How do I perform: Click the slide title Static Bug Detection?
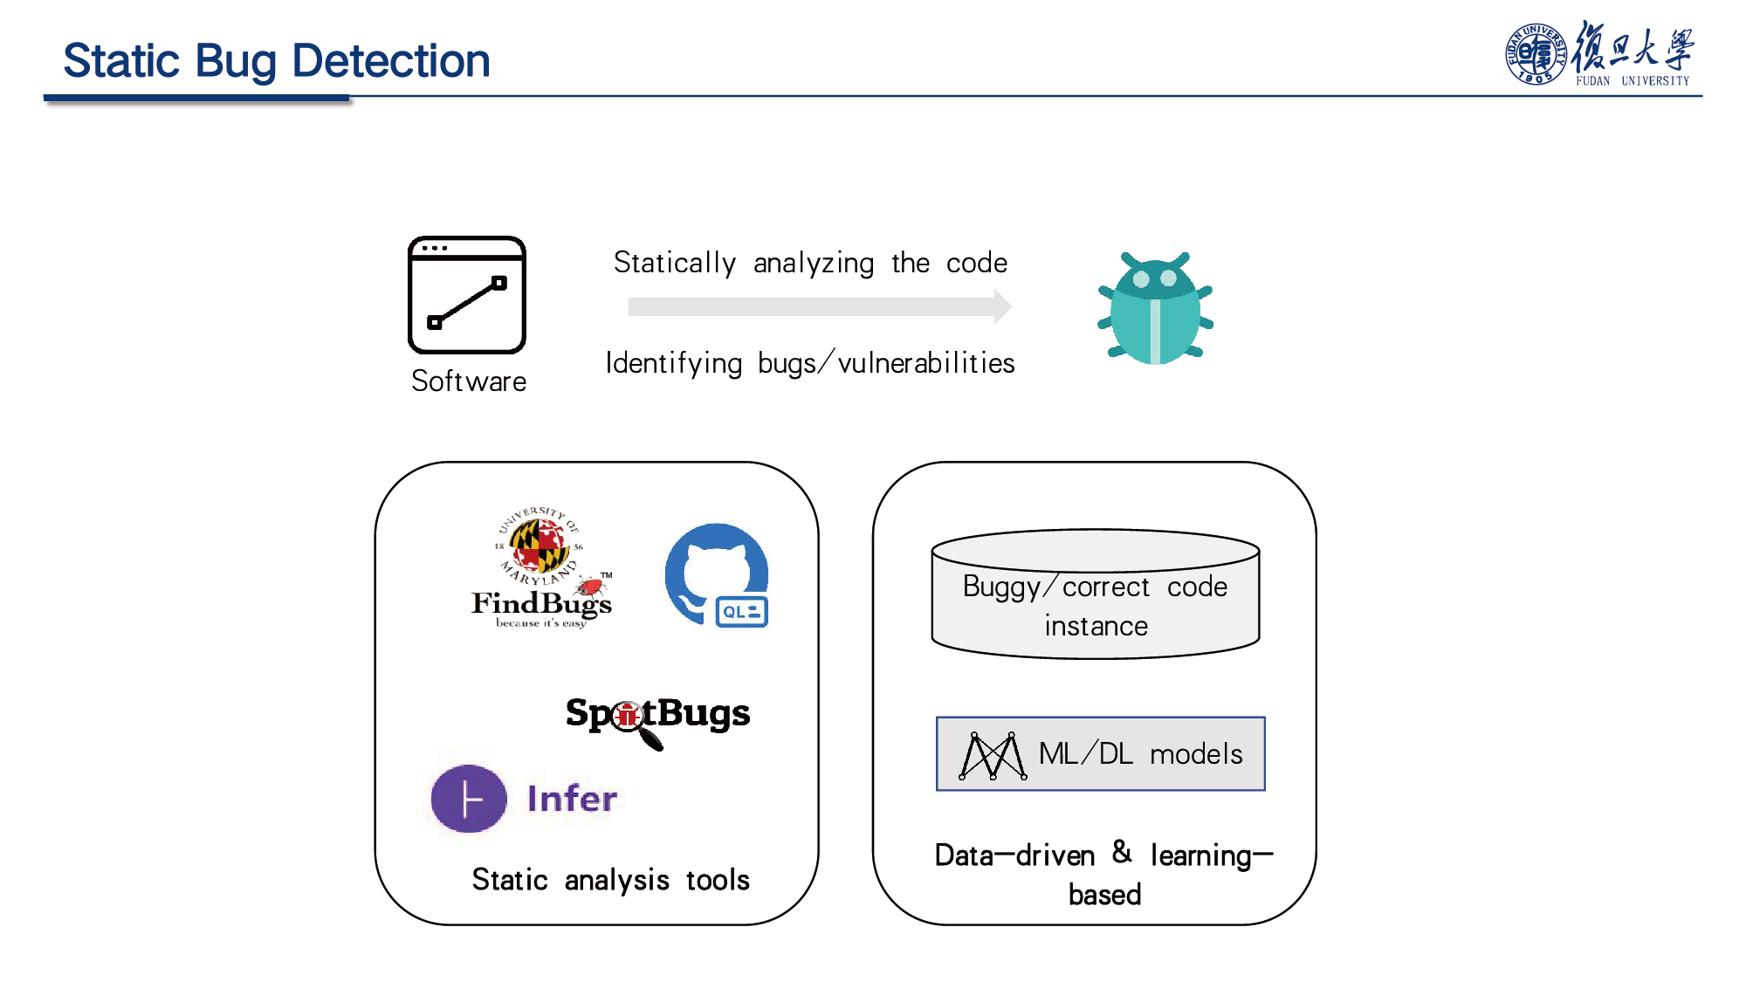(277, 61)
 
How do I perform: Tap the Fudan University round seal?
(1536, 54)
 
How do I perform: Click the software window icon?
(467, 295)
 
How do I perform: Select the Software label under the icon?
(469, 381)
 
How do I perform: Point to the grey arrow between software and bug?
(820, 306)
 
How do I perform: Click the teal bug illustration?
(1156, 308)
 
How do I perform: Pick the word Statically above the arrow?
(675, 263)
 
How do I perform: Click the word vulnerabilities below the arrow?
(926, 362)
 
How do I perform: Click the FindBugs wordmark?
(541, 603)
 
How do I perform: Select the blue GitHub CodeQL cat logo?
(717, 575)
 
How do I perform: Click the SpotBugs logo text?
(657, 714)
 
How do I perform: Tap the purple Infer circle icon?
(469, 799)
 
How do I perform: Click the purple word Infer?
(572, 799)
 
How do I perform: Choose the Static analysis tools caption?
(610, 880)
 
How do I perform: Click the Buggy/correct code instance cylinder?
(1096, 594)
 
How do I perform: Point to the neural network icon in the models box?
(992, 755)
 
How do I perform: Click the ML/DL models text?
(1140, 753)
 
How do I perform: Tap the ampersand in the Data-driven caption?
(1123, 852)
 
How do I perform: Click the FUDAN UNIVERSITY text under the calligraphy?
(1633, 80)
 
